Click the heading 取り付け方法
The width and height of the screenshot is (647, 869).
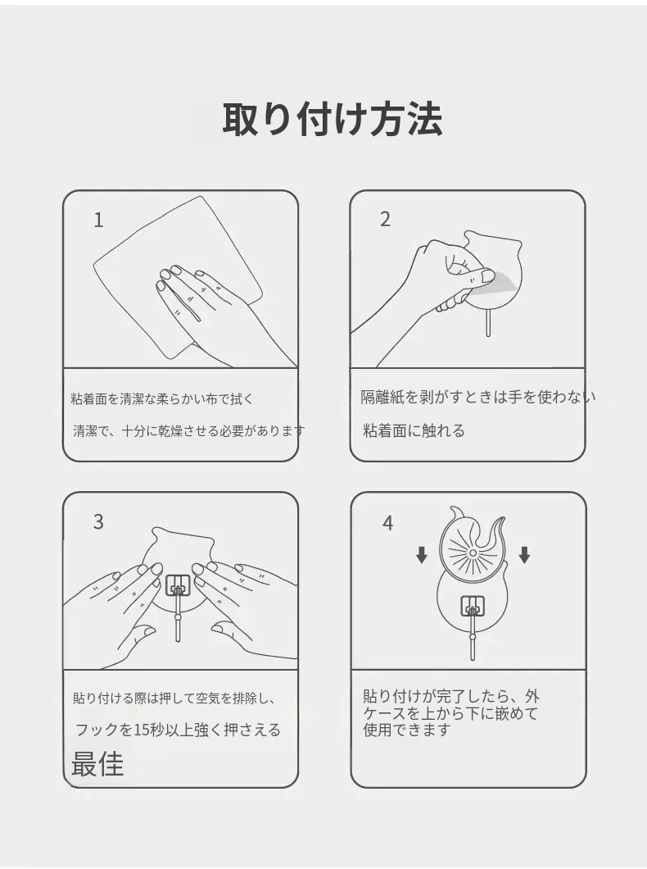pyautogui.click(x=332, y=119)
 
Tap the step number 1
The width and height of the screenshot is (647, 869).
pyautogui.click(x=98, y=221)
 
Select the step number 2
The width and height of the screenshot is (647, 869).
pyautogui.click(x=385, y=220)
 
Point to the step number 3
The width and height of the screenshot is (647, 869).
pyautogui.click(x=98, y=522)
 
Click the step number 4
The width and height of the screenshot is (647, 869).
pyautogui.click(x=387, y=523)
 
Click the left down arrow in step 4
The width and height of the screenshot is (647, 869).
pyautogui.click(x=422, y=555)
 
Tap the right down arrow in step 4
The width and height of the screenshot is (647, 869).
pyautogui.click(x=525, y=555)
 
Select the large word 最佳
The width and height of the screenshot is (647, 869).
pyautogui.click(x=97, y=764)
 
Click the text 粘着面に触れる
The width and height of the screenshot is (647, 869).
pyautogui.click(x=414, y=430)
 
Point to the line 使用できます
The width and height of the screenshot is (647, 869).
pyautogui.click(x=407, y=730)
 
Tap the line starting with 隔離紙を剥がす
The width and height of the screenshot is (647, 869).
pyautogui.click(x=478, y=397)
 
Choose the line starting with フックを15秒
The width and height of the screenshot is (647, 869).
pyautogui.click(x=179, y=730)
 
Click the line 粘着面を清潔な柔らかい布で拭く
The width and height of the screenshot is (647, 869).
pyautogui.click(x=162, y=399)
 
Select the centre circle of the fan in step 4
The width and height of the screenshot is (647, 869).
pyautogui.click(x=473, y=553)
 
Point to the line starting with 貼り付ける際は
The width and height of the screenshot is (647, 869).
pyautogui.click(x=174, y=698)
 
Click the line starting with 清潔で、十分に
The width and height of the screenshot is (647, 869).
pyautogui.click(x=188, y=430)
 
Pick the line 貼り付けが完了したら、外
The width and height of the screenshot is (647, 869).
pyautogui.click(x=451, y=696)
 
